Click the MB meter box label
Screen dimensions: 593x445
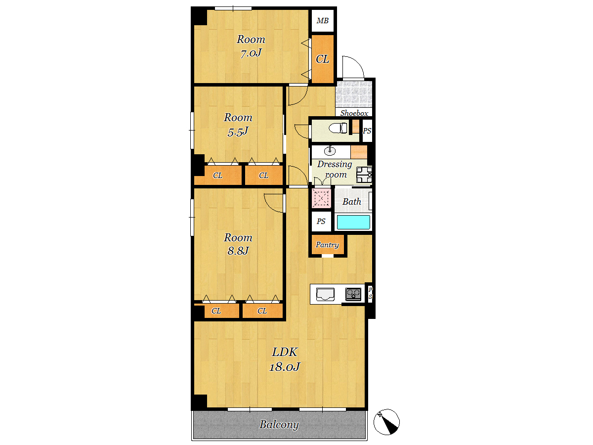[x=323, y=21]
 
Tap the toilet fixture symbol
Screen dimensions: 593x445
[x=338, y=128]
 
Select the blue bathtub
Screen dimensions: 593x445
[x=353, y=222]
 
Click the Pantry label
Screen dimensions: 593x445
[x=327, y=245]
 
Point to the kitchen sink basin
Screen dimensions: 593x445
[x=325, y=294]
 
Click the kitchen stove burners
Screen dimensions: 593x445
[x=353, y=294]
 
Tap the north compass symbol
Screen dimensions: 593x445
[x=386, y=422]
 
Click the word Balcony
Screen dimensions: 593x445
[x=279, y=424]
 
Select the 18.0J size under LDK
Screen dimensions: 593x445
[x=285, y=367]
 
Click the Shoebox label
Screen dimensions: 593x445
[x=354, y=113]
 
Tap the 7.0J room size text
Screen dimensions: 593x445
[x=251, y=53]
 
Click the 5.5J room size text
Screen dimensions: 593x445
[x=238, y=132]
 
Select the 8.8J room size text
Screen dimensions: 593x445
[x=238, y=251]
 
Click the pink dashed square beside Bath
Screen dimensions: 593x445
[x=321, y=198]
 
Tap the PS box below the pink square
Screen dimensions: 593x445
[x=321, y=222]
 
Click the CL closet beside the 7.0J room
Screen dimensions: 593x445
[x=323, y=59]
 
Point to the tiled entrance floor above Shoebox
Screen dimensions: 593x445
[x=354, y=94]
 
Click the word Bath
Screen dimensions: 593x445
[x=352, y=202]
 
